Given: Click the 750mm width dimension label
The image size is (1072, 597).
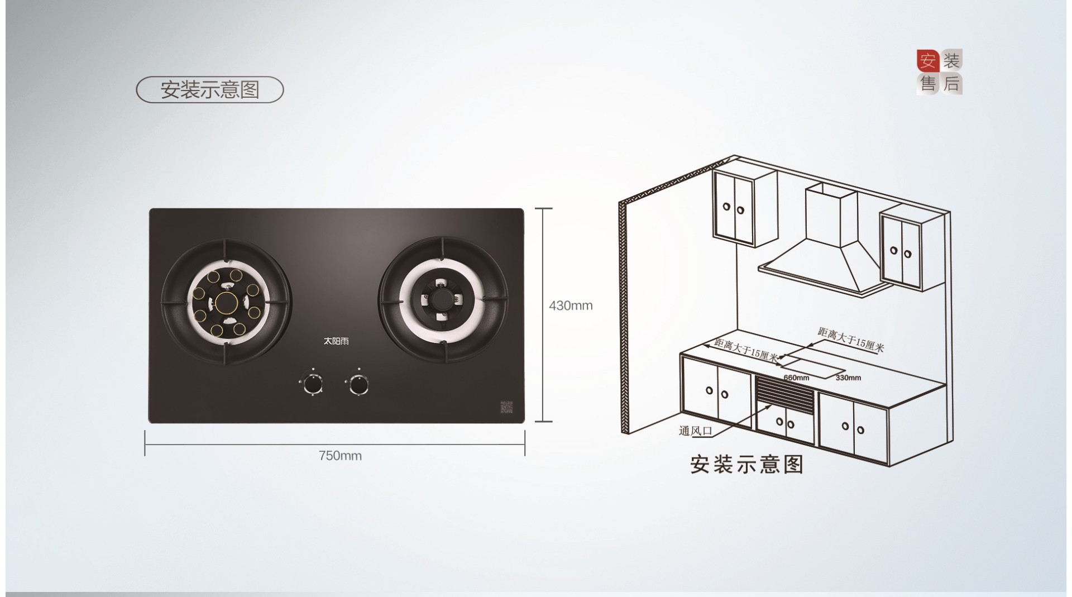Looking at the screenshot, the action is pos(340,456).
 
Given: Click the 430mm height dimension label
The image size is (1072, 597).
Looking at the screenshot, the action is pos(571,305).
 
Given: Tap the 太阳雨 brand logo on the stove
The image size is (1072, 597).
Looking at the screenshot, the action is pos(336,341).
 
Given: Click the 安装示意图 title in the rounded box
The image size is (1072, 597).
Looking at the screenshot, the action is pos(210,89).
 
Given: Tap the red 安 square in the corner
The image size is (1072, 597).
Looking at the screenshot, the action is pos(928,60).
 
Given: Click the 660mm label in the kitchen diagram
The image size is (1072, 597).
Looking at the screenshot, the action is pos(796,378).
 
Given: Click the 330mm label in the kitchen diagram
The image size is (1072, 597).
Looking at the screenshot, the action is pos(848,378).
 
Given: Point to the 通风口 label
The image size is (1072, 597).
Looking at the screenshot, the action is pos(696,431).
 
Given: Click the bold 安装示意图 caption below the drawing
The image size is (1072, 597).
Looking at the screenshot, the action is pos(746,465).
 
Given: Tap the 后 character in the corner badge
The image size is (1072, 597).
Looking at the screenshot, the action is pos(951,83).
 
